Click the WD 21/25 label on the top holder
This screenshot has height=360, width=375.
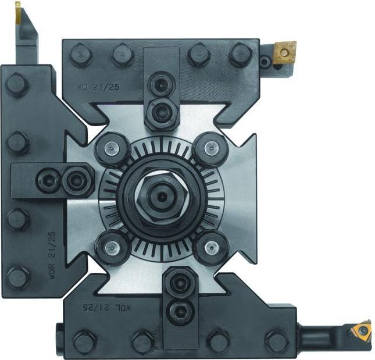click(97, 88)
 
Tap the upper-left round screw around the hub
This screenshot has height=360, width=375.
click(111, 149)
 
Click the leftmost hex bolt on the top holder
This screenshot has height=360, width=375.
click(80, 55)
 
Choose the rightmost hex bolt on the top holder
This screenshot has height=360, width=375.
click(241, 55)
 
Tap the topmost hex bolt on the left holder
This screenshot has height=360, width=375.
click(17, 85)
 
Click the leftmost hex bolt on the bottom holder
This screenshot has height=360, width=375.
click(85, 340)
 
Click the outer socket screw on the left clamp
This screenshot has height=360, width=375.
click(47, 180)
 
